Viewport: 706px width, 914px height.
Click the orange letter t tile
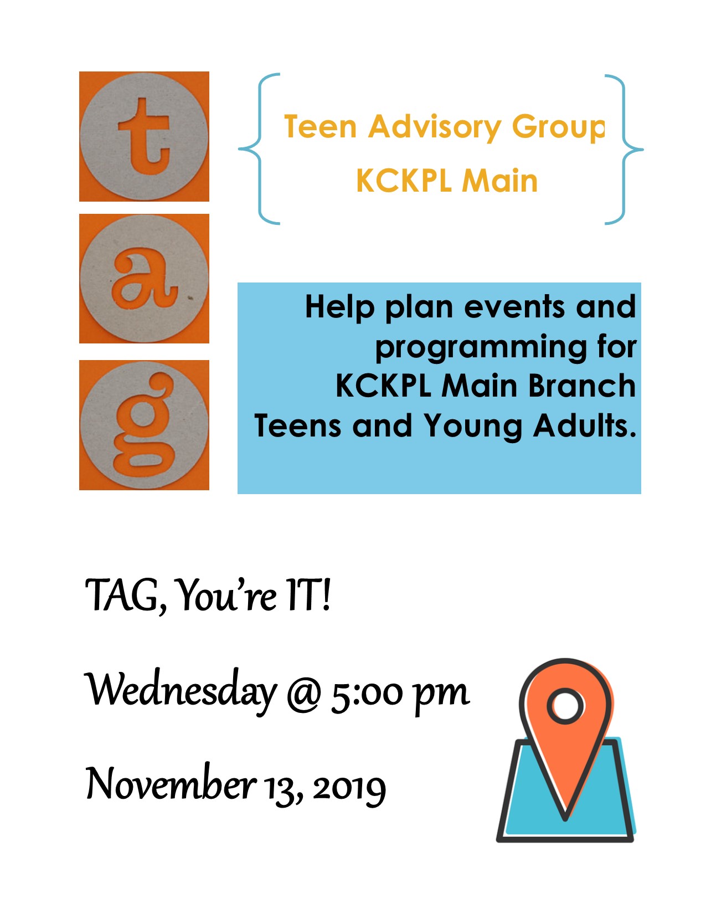[x=144, y=136]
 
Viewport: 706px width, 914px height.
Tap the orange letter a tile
[x=144, y=279]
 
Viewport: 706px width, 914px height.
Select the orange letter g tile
[x=144, y=425]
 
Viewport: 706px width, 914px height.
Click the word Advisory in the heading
[x=435, y=127]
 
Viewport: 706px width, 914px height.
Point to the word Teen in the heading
[x=321, y=126]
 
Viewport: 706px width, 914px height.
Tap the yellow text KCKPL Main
[x=446, y=181]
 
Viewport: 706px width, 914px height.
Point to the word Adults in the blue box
[x=585, y=425]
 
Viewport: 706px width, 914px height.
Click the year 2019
[x=349, y=789]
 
